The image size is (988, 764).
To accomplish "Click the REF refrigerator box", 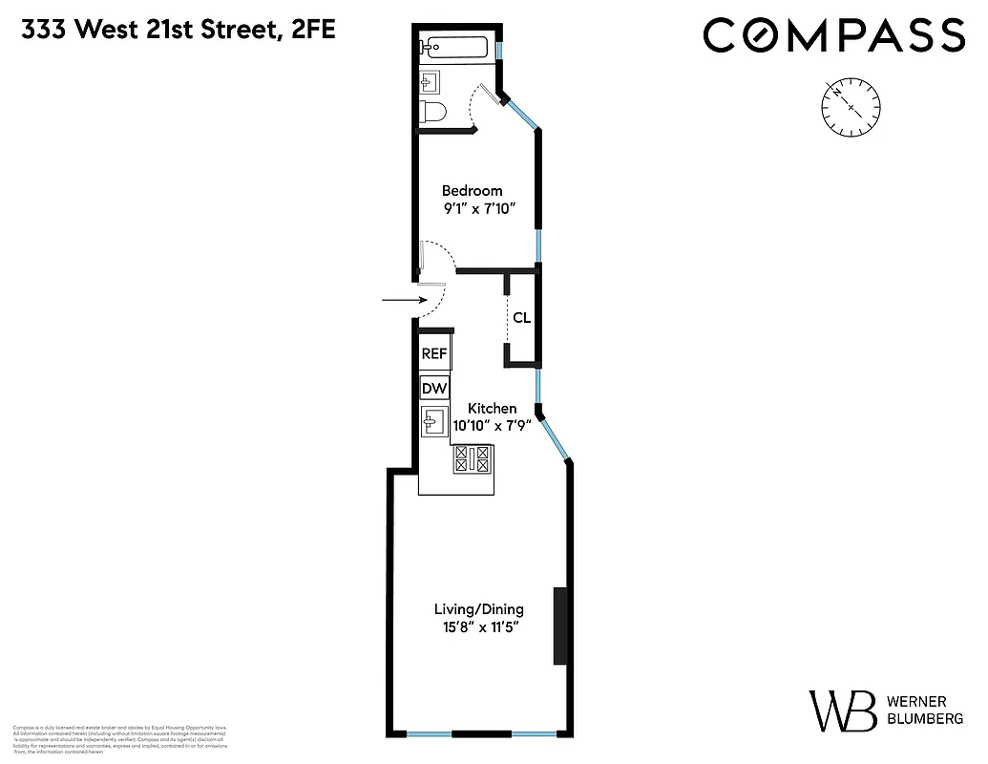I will (434, 353).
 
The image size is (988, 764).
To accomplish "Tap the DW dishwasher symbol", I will (434, 388).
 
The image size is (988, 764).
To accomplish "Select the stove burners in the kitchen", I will (473, 459).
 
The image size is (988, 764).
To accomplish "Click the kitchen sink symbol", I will (434, 420).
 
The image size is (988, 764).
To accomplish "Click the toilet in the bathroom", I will (432, 112).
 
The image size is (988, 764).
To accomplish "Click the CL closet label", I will (521, 318).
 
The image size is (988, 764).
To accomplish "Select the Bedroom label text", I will (472, 190).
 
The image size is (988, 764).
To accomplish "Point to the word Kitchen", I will (492, 408).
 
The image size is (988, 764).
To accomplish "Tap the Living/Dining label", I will (478, 608).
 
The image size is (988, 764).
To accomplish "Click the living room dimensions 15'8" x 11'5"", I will (478, 627).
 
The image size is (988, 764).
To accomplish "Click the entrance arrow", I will (400, 300).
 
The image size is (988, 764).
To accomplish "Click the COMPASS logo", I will (833, 35).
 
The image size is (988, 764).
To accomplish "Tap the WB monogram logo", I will (843, 711).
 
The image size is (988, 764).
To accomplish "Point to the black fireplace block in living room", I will (560, 626).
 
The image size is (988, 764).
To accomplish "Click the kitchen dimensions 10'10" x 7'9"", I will (492, 426).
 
